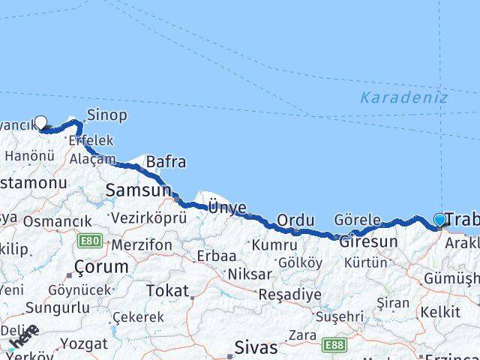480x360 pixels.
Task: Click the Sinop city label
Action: point(106,115)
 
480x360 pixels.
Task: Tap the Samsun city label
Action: point(138,190)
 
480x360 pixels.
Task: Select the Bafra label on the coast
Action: point(166,161)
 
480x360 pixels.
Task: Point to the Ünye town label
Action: point(226,205)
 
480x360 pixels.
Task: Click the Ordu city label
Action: point(295,220)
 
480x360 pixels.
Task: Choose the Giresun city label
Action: point(367,242)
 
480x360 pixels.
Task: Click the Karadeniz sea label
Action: point(403,97)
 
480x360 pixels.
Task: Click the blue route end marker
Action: point(439,220)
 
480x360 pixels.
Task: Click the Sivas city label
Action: point(256,348)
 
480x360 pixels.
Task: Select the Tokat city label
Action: point(167,290)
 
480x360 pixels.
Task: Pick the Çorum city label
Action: point(101,267)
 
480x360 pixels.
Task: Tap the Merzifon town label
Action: point(142,245)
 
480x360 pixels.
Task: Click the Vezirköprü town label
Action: point(148,218)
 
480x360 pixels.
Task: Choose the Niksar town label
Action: point(250,274)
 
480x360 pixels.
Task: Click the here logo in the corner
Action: point(22,338)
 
